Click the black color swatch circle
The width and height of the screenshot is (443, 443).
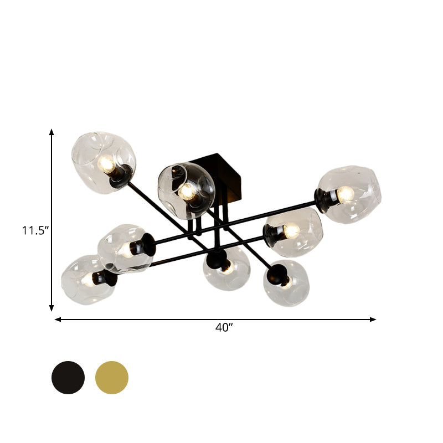point(68,378)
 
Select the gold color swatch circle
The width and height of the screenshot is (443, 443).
point(112,378)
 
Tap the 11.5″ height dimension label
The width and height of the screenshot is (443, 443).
point(33,230)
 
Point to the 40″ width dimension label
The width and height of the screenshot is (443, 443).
point(224,328)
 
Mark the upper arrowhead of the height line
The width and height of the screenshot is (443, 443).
point(51,132)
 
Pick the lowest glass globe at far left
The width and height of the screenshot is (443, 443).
point(87,280)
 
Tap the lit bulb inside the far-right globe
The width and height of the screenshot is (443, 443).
point(346,194)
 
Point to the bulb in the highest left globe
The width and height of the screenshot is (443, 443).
point(106,163)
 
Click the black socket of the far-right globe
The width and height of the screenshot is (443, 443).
point(323,197)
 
